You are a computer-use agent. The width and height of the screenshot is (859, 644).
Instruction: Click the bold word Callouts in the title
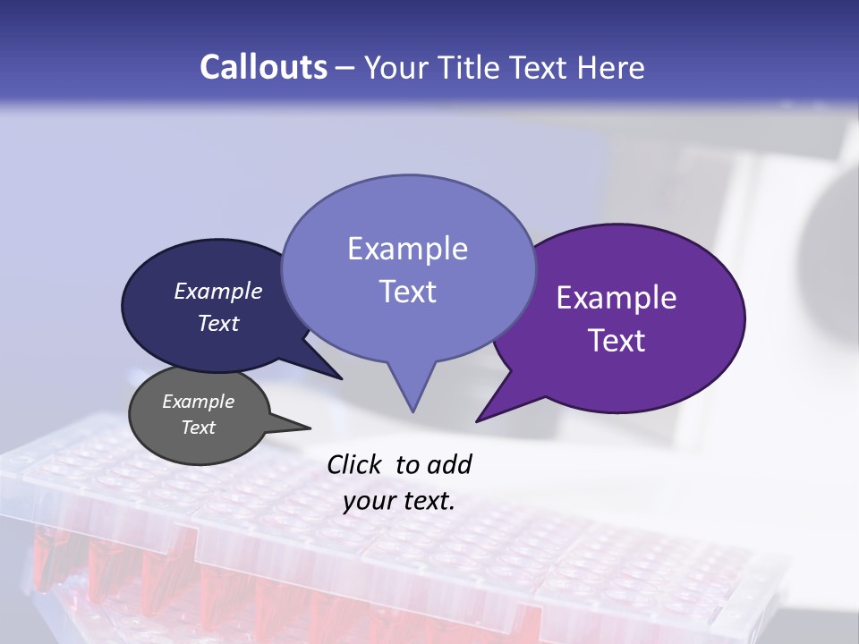point(263,67)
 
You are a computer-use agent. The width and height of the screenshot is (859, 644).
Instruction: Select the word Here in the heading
point(611,67)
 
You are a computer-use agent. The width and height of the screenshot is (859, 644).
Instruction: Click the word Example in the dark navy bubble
point(218,291)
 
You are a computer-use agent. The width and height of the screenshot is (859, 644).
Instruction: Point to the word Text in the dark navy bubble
point(218,323)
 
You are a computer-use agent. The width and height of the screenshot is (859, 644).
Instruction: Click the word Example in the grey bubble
point(199,402)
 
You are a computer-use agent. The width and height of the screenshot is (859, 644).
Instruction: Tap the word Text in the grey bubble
point(199,428)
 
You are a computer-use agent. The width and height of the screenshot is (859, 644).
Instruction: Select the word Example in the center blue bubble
point(407,249)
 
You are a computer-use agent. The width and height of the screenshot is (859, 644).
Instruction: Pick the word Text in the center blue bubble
point(407,292)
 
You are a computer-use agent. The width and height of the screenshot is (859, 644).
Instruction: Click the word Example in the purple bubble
point(617,298)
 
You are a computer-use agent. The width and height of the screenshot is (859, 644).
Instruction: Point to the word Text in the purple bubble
point(617,341)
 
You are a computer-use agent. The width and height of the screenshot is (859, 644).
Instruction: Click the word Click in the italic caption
point(356,464)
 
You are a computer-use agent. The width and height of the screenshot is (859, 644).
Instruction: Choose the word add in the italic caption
point(449,464)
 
